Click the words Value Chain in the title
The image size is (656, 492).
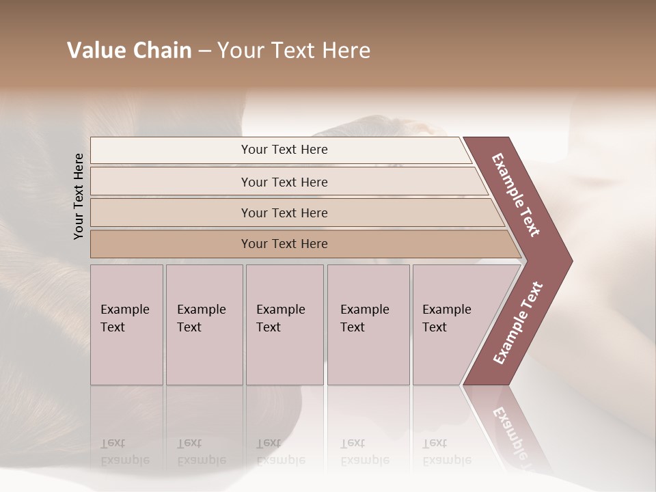tap(129, 51)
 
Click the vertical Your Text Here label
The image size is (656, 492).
tap(79, 196)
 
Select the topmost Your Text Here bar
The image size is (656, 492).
tap(284, 150)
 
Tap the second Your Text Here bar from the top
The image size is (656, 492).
tap(284, 182)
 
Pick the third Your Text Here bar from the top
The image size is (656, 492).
tap(284, 213)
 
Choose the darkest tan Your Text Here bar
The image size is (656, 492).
tap(284, 244)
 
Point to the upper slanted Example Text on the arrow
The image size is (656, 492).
tap(516, 195)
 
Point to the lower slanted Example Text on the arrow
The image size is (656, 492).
tap(518, 323)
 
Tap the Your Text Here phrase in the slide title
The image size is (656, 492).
tap(294, 51)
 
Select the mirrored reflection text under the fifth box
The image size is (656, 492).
tap(447, 452)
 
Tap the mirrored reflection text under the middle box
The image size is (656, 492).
tap(280, 452)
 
